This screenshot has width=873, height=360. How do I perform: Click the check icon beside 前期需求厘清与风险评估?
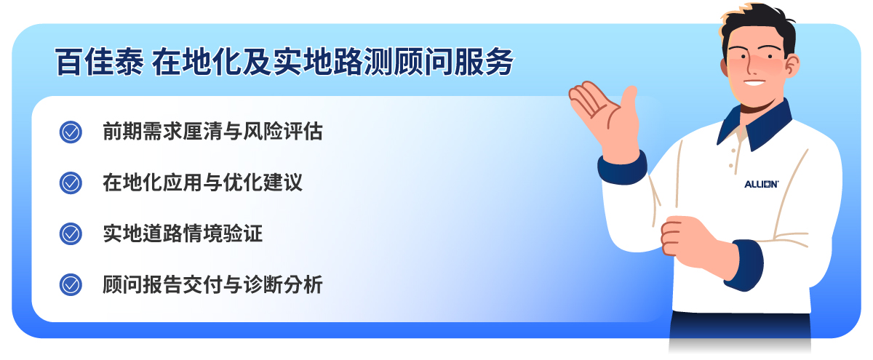point(71,132)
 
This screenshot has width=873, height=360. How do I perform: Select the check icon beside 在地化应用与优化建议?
point(71,183)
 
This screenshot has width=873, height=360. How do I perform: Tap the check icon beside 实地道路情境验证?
point(71,233)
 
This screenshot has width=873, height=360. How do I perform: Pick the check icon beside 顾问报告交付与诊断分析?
point(71,284)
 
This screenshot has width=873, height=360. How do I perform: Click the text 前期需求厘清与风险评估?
point(212,132)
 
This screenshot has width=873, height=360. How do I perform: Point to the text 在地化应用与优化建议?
point(202,183)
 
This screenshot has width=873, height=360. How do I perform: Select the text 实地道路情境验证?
point(183,233)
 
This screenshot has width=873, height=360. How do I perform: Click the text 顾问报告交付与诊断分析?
point(212,284)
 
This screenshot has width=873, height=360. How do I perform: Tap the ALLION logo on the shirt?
point(762,185)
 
